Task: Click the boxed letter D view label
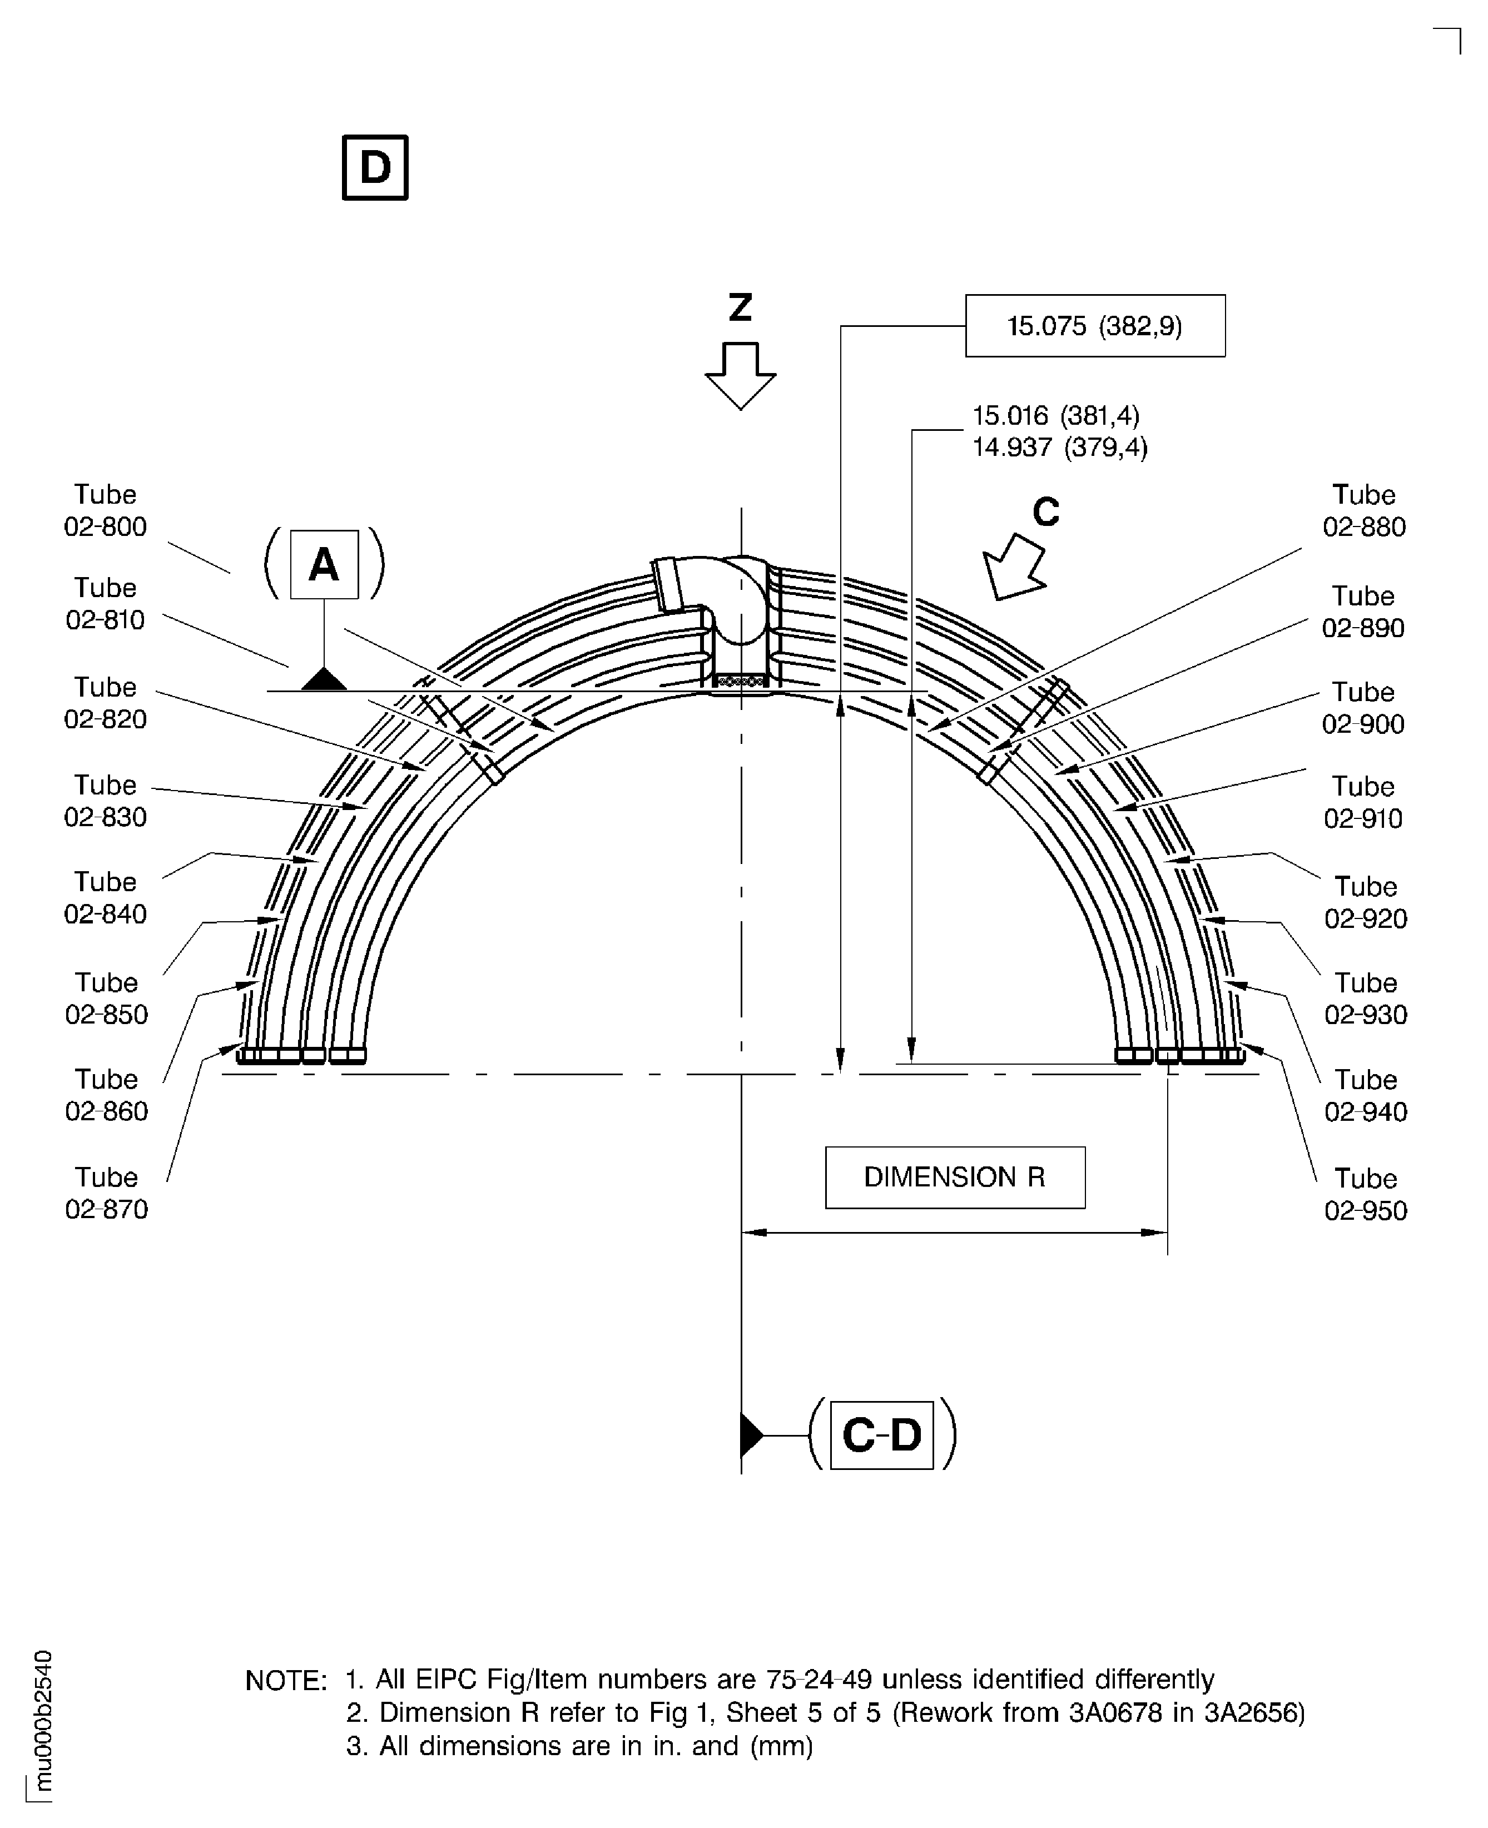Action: [375, 167]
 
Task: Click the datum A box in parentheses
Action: [324, 564]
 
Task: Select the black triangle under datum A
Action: [324, 679]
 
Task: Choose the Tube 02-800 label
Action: [106, 511]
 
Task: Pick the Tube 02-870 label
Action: [106, 1193]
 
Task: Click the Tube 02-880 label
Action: [1363, 511]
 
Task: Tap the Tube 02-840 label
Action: [106, 897]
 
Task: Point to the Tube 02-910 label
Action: [1363, 802]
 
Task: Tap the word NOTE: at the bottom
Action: [285, 1681]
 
